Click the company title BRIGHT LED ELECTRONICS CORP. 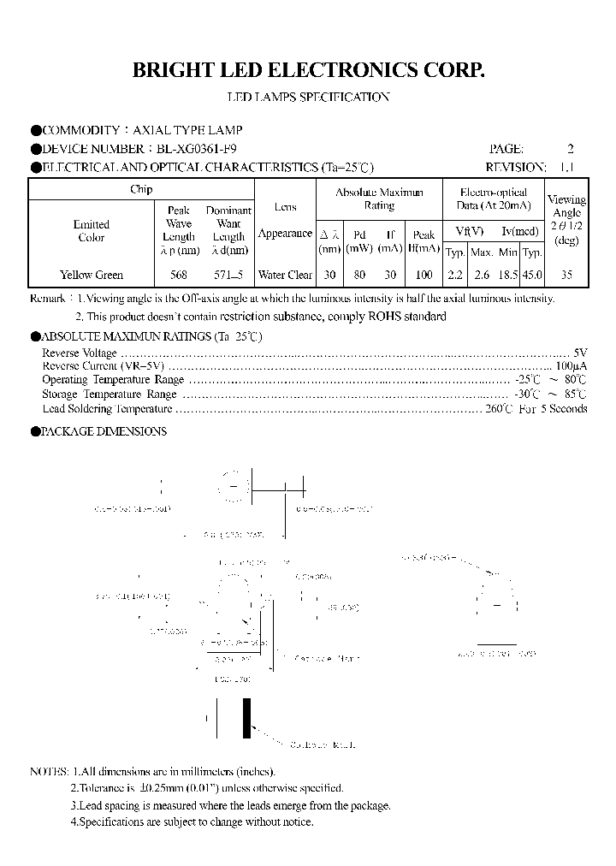[x=308, y=70]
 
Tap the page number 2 [x=571, y=149]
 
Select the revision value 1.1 [x=566, y=167]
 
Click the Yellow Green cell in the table [x=92, y=275]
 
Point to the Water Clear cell [x=285, y=275]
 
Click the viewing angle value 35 [x=566, y=275]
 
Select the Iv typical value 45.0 [x=532, y=275]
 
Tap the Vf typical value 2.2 [x=455, y=275]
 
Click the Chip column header [x=141, y=189]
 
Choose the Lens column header [x=285, y=207]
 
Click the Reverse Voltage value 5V [x=579, y=353]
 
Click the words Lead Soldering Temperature [x=101, y=409]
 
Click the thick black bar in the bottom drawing [x=246, y=717]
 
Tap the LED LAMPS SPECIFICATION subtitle [x=308, y=97]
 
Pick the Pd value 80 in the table [x=359, y=275]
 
